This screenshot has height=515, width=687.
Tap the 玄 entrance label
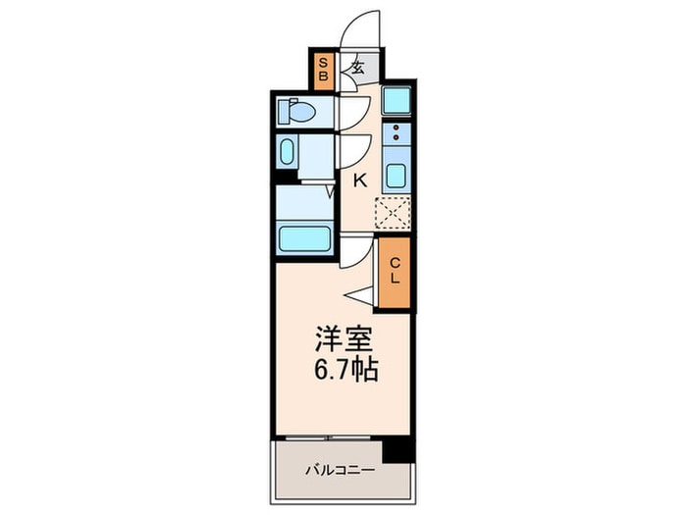tap(358, 68)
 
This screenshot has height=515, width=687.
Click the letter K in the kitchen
tap(360, 180)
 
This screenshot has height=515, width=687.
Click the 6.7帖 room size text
tap(343, 373)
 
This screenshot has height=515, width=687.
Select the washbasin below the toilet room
tap(288, 152)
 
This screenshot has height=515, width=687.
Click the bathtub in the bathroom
tap(304, 238)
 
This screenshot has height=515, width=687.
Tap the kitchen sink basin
tap(396, 178)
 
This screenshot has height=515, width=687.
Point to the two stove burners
tap(396, 132)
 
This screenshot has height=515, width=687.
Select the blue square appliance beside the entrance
tap(396, 100)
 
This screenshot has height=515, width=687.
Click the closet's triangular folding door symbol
tap(359, 293)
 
